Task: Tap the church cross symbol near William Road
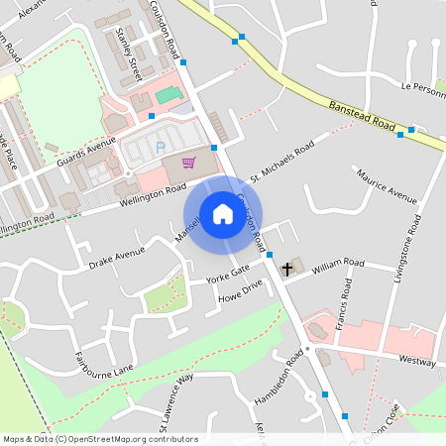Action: tap(288, 268)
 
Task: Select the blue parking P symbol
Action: tap(160, 149)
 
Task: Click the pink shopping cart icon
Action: tap(188, 163)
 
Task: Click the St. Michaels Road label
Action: tap(282, 161)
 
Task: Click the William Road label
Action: tap(341, 263)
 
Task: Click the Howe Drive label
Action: tap(241, 288)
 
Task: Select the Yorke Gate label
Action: tap(227, 272)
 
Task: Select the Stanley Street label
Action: tap(130, 55)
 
